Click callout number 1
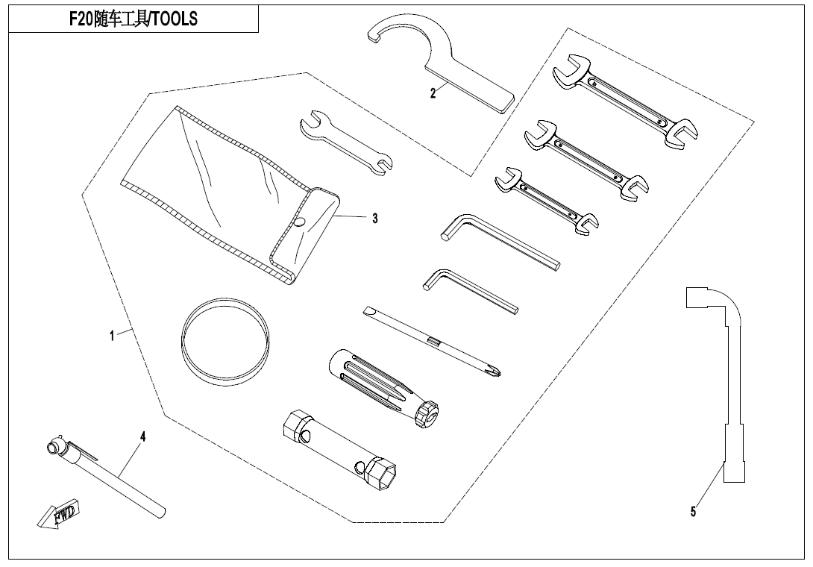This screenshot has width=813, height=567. click(x=112, y=336)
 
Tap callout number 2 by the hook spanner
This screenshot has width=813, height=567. click(x=433, y=93)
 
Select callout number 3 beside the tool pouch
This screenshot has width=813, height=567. click(x=375, y=219)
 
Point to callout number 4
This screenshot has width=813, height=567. click(x=143, y=436)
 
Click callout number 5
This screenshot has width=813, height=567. click(x=693, y=512)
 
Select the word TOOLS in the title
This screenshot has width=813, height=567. click(x=175, y=19)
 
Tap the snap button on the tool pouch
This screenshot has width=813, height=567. click(x=299, y=222)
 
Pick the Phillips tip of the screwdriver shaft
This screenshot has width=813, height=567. click(x=495, y=372)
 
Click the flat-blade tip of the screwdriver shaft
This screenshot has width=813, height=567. click(x=368, y=311)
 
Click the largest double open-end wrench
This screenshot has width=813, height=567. click(x=625, y=101)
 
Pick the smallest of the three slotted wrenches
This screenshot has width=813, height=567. click(x=547, y=201)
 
